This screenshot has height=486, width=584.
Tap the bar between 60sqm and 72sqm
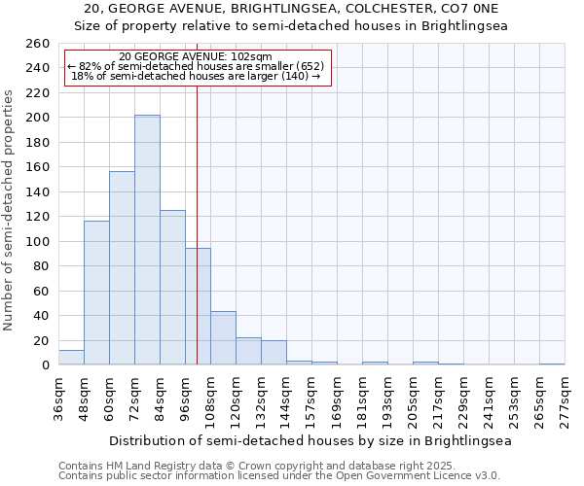pos(122,268)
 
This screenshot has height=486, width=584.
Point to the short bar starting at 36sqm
pos(71,358)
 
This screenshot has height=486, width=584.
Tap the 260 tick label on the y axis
pos(37,44)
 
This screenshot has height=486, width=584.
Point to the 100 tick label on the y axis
pos(37,241)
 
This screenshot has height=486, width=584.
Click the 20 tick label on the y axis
pos(41,340)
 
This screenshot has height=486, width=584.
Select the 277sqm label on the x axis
pos(565,399)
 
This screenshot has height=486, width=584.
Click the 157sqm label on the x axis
pos(311,399)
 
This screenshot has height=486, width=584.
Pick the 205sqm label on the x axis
pos(413,399)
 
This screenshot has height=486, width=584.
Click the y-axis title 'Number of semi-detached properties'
pos(10,209)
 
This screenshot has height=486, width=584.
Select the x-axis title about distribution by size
pos(310,440)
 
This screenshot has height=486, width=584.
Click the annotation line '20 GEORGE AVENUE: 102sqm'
pos(196,56)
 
